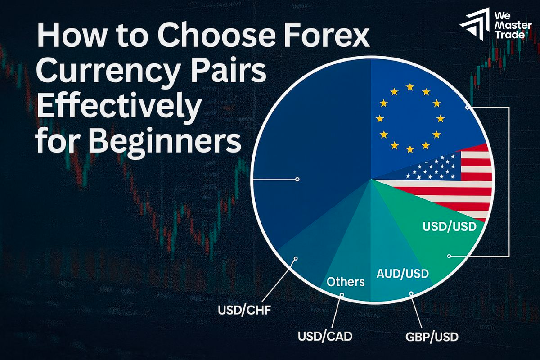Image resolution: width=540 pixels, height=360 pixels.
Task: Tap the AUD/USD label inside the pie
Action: pos(402,273)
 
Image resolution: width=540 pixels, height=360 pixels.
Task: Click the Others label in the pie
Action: pos(346,282)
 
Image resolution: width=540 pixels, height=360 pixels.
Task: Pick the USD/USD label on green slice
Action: pos(449,226)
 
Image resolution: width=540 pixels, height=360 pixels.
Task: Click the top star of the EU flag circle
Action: pos(409,86)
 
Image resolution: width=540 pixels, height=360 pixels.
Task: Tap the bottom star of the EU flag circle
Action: pos(409,149)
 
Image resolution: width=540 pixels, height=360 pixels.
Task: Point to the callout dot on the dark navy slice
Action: pos(297,179)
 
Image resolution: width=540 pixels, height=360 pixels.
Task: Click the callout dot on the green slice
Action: pos(449,256)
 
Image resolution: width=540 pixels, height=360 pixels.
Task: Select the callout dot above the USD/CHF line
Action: pos(296,258)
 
